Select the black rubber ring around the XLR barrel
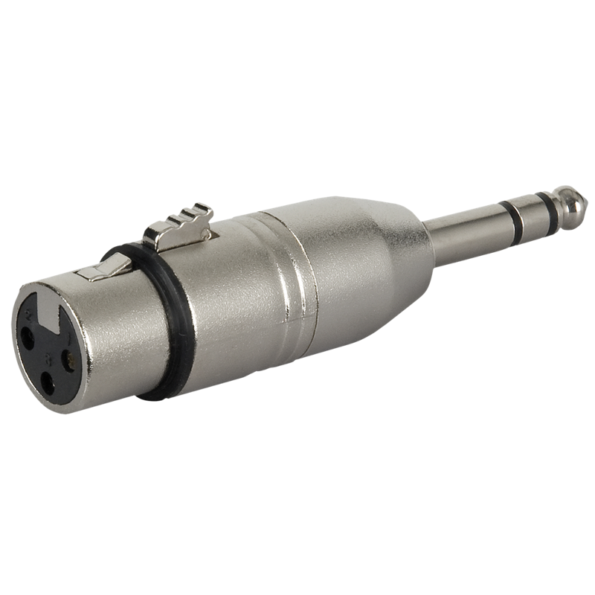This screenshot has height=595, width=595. point(159,327)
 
